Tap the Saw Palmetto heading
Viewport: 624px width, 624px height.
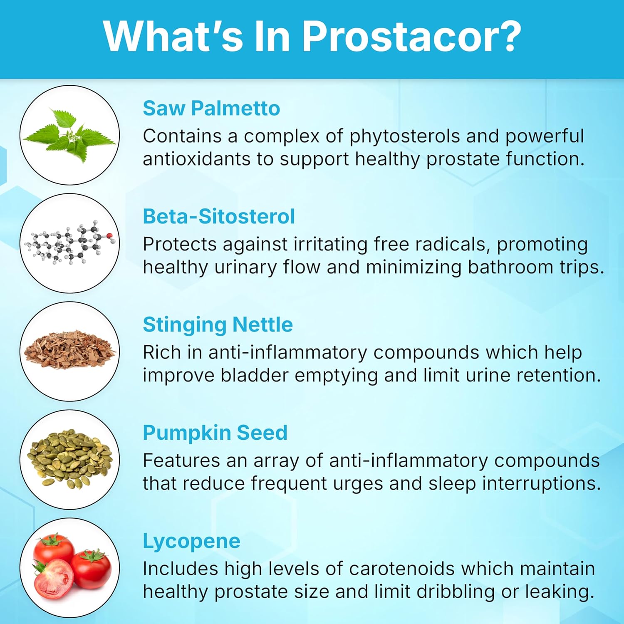(211, 109)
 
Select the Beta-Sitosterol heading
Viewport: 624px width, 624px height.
(219, 217)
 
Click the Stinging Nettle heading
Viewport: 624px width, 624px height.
(218, 325)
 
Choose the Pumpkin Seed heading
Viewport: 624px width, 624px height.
(215, 433)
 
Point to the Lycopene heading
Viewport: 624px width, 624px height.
(191, 541)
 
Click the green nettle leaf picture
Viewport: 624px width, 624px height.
(70, 135)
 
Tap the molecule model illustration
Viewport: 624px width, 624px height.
(70, 243)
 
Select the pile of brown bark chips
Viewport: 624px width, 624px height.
(70, 352)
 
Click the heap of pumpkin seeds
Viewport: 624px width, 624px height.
(70, 460)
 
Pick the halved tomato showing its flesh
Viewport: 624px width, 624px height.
(53, 578)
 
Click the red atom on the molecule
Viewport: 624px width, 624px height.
(110, 236)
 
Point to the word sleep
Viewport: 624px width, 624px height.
(452, 483)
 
